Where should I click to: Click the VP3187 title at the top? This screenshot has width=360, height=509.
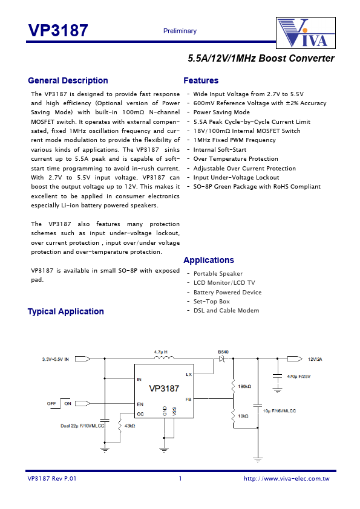coord(58,31)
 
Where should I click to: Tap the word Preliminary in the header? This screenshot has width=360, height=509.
coord(180,31)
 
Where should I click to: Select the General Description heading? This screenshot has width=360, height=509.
coord(68,80)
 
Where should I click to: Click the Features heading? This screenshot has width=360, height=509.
coord(201,80)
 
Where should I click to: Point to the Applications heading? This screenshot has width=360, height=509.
coord(208,260)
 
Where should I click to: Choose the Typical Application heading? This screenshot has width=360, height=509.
coord(65,311)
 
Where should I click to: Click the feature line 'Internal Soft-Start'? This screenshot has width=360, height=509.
coord(220,149)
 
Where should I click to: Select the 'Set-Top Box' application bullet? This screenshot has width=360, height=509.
coord(211,301)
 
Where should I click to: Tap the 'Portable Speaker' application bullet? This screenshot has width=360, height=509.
coord(218,274)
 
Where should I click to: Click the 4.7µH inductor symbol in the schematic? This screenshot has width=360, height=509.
coord(163,358)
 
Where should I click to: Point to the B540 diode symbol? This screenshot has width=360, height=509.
coord(222,358)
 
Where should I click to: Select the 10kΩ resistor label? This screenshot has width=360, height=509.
coord(244,415)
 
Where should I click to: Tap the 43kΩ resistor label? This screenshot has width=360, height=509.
coord(129,426)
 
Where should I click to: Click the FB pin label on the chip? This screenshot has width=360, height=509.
coord(188,400)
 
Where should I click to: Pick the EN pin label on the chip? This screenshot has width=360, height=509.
coord(139,403)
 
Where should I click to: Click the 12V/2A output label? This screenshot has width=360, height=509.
coord(315,358)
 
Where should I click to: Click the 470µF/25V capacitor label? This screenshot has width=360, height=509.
coord(299,377)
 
